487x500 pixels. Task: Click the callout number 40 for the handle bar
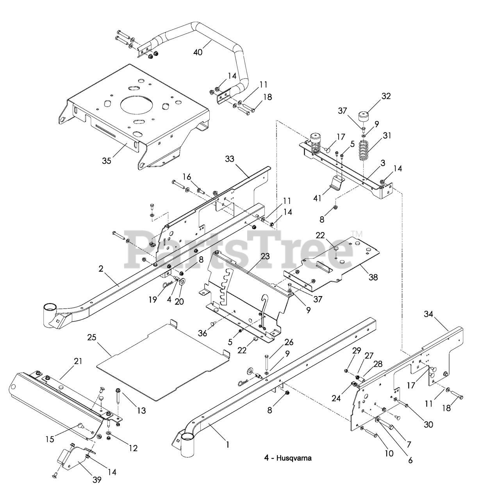pyautogui.click(x=198, y=51)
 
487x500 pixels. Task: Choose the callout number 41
pyautogui.click(x=317, y=198)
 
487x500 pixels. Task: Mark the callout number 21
pyautogui.click(x=78, y=361)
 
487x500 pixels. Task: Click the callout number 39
pyautogui.click(x=97, y=479)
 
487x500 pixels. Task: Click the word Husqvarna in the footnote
pyautogui.click(x=294, y=458)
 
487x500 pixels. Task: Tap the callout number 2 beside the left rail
pyautogui.click(x=101, y=269)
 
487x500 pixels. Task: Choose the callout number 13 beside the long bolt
pyautogui.click(x=141, y=410)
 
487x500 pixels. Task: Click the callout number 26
pyautogui.click(x=289, y=343)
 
